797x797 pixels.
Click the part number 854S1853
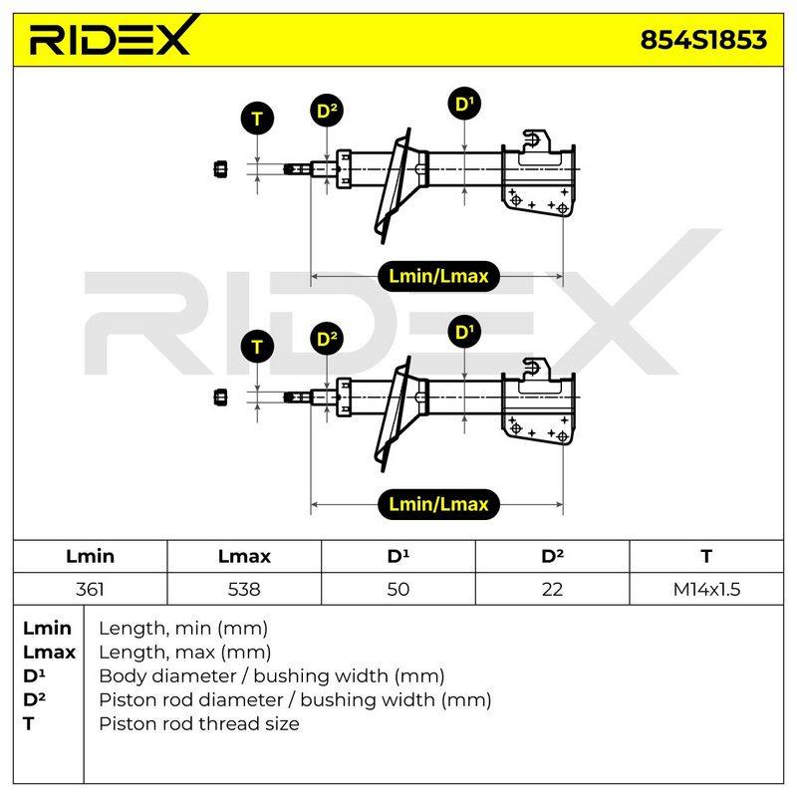tap(703, 40)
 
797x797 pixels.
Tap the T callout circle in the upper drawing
tap(257, 119)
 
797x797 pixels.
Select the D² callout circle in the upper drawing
tap(327, 111)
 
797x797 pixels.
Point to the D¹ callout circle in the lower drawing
tap(464, 332)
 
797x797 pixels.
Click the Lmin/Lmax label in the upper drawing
tap(438, 276)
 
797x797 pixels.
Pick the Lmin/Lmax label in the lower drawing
tap(438, 504)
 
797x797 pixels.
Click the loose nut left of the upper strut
tap(220, 169)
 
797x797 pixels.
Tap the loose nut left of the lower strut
tap(220, 398)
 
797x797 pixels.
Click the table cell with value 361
tap(90, 589)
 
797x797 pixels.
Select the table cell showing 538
tap(244, 589)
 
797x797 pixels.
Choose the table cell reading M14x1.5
tap(706, 589)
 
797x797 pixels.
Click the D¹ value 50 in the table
tap(398, 589)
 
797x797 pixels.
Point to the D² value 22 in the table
tap(552, 589)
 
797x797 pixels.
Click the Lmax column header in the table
tap(244, 556)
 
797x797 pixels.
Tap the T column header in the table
tap(706, 556)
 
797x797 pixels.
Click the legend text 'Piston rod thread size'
tap(198, 723)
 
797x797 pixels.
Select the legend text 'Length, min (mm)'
tap(183, 629)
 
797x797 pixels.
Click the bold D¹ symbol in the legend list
tap(34, 676)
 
